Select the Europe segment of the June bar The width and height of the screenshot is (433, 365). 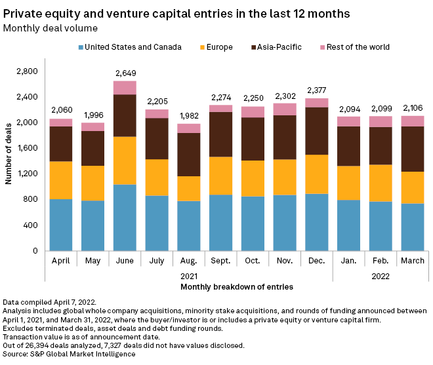point(125,161)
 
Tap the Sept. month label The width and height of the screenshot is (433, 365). point(221,261)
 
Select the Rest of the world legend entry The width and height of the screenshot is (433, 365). point(355,47)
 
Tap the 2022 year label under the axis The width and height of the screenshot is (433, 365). point(381,276)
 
